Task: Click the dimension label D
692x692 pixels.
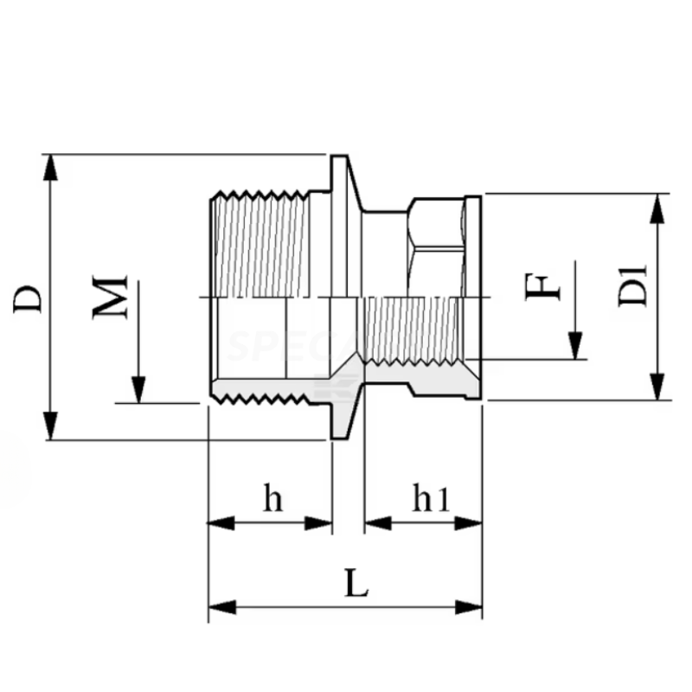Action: (29, 297)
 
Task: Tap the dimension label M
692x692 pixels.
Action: (112, 297)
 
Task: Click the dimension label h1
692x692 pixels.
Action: (431, 500)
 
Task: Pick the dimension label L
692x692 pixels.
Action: (356, 585)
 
